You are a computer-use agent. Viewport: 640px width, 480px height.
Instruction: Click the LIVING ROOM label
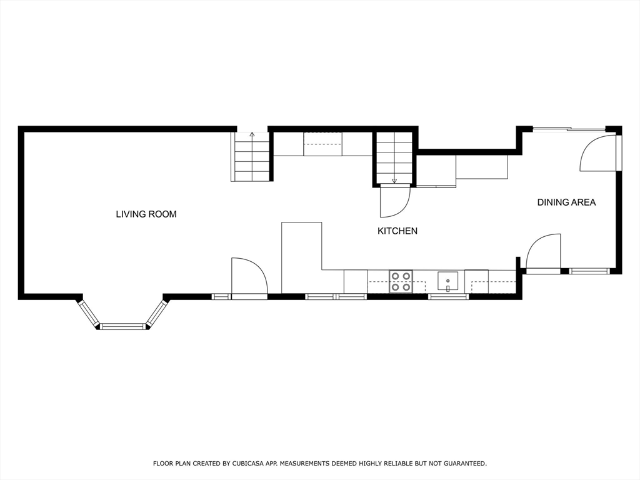point(146,214)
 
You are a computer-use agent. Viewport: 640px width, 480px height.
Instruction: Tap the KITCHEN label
point(397,231)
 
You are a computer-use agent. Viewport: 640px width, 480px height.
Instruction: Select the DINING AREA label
point(566,202)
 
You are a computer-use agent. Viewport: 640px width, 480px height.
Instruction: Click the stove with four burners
point(401,281)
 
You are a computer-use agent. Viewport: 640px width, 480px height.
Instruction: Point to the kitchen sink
point(447,281)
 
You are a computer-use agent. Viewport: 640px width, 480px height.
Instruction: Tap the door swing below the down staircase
point(394,201)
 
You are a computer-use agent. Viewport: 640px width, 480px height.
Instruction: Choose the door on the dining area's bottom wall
point(543,252)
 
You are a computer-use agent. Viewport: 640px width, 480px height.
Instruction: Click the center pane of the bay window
point(122,326)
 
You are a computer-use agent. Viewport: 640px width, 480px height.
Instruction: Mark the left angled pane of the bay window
point(89,313)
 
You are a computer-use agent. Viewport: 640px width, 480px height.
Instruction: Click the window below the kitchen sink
point(448,297)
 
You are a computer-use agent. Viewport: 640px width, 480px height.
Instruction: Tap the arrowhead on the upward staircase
point(252,134)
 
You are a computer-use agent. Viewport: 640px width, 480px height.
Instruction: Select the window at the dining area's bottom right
point(589,271)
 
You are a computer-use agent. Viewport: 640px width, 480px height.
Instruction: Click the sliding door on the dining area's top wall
point(569,129)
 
